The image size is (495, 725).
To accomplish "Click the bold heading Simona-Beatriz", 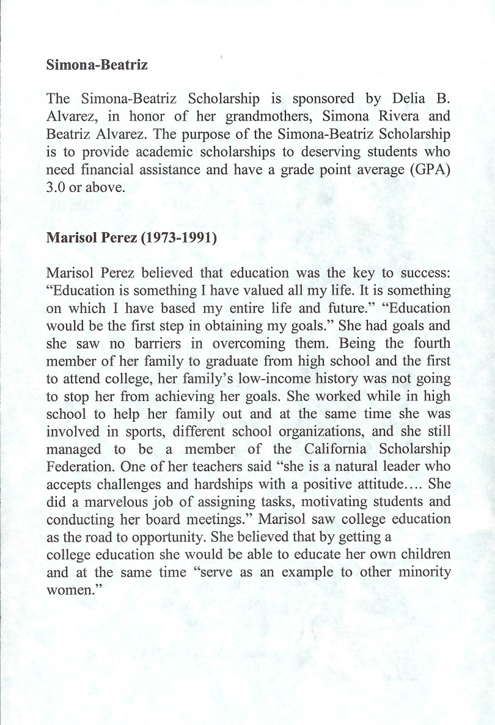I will pyautogui.click(x=97, y=65).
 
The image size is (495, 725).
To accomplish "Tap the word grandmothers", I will pyautogui.click(x=270, y=116).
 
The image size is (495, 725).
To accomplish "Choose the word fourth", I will pyautogui.click(x=432, y=344).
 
